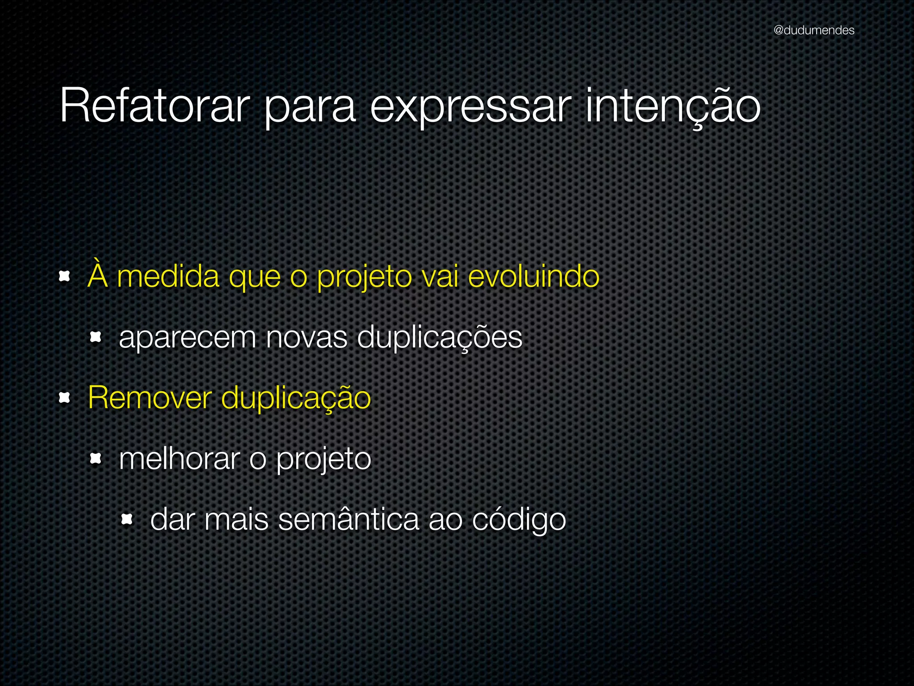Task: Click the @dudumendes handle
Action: (814, 30)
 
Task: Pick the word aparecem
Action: (187, 338)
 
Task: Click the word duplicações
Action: (440, 338)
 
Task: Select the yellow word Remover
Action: (150, 397)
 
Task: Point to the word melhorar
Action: (179, 459)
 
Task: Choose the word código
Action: (519, 520)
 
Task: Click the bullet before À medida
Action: (65, 277)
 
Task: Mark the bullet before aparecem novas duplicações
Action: (96, 337)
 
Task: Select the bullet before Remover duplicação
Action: (65, 397)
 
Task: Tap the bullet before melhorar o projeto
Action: (96, 458)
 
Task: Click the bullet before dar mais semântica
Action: (127, 519)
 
